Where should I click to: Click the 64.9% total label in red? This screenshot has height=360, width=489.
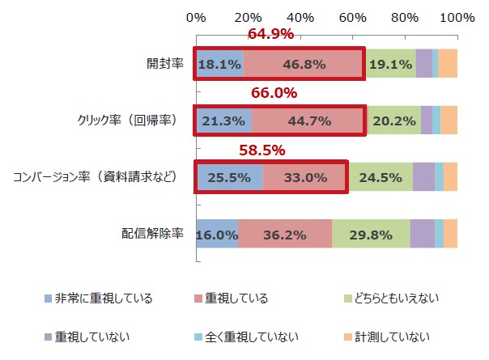[x=270, y=34]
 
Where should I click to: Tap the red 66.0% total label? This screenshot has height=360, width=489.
[x=274, y=92]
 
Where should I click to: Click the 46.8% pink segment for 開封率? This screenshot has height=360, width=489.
[x=304, y=64]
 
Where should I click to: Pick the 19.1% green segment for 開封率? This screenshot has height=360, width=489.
[x=390, y=64]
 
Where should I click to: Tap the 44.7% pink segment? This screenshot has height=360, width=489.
[x=309, y=121]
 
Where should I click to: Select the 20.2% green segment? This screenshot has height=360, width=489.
[x=393, y=121]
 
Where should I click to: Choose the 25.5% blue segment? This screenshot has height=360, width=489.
[x=229, y=177]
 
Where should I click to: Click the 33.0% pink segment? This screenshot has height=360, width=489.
[x=305, y=177]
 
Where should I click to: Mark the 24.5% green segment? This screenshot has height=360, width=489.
[x=381, y=177]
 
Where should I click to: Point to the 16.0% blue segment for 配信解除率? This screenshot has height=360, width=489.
[x=217, y=234]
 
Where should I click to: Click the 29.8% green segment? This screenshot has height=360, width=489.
[x=370, y=234]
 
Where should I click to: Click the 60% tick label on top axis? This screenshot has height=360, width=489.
[x=353, y=17]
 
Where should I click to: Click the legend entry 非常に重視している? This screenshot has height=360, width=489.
[x=103, y=299]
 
